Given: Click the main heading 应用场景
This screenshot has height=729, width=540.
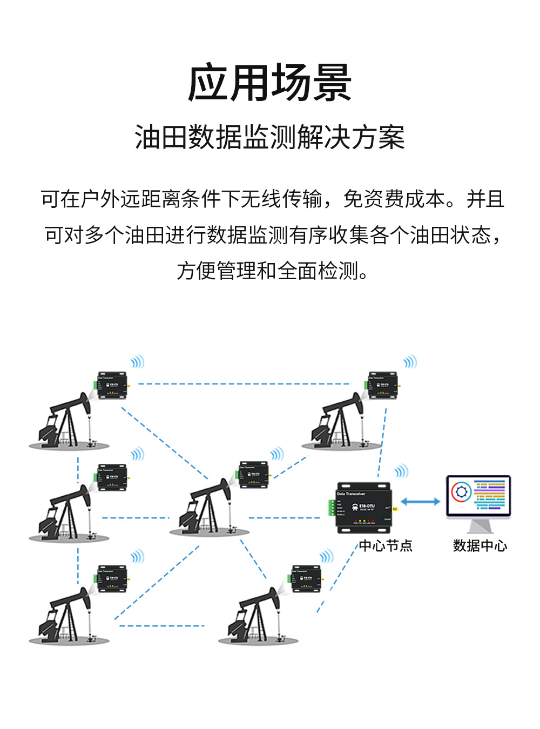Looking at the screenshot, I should [269, 83].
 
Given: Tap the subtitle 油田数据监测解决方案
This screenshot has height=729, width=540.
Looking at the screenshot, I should [269, 137].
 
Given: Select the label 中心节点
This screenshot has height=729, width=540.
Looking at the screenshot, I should [386, 546].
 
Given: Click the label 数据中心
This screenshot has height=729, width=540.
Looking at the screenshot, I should [480, 546].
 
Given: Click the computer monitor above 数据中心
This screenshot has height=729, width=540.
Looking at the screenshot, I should [478, 497].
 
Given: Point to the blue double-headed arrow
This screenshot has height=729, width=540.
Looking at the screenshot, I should [421, 502].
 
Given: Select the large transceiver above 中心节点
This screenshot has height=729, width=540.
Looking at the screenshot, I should [363, 508].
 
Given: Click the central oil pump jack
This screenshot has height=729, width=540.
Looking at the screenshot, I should [208, 508].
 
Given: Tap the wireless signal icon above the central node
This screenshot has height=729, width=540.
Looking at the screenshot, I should [401, 471].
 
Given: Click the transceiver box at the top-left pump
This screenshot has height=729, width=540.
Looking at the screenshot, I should [112, 385].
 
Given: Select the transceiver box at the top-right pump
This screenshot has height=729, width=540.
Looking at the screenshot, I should [383, 385].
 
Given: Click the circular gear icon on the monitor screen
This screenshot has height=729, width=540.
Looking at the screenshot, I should [461, 492].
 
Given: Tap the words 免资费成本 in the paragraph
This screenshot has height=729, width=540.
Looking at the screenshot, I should [394, 199].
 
